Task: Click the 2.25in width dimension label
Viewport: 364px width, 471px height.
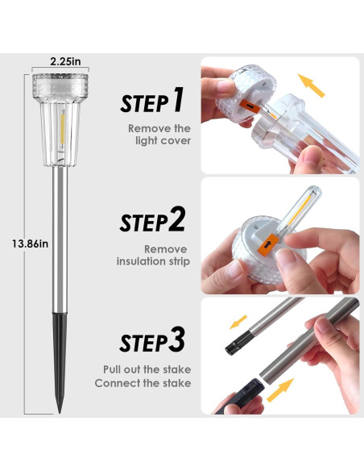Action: point(65,61)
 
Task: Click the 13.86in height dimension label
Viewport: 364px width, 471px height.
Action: point(31,244)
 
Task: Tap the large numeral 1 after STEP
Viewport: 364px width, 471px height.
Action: point(177,99)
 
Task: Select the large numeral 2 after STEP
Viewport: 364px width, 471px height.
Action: point(176,219)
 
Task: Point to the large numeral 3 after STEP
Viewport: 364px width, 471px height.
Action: point(176,340)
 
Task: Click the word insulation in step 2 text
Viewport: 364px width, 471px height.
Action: point(143,261)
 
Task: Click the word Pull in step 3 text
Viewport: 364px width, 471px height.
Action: point(112,369)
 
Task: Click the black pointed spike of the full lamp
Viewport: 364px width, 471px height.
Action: point(60,361)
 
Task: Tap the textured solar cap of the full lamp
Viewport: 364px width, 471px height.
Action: point(60,85)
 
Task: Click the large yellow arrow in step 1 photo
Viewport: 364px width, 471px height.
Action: point(312,85)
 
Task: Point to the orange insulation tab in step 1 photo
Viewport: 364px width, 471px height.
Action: point(249,107)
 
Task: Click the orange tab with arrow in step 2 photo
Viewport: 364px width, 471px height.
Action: point(268,244)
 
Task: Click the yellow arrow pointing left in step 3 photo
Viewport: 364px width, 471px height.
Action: point(238,322)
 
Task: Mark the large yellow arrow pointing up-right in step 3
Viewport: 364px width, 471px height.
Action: point(280,390)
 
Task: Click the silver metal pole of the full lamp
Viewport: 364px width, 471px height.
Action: point(60,240)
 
